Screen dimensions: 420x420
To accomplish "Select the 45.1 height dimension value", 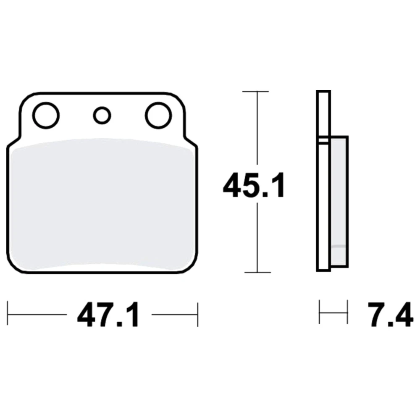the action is [254, 185].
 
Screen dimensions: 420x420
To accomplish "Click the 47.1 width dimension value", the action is [108, 315].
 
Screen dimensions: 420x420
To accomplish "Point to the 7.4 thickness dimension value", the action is [390, 315].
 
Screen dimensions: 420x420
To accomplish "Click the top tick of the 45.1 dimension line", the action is [255, 92].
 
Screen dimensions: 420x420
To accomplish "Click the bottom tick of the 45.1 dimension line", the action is [258, 273].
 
